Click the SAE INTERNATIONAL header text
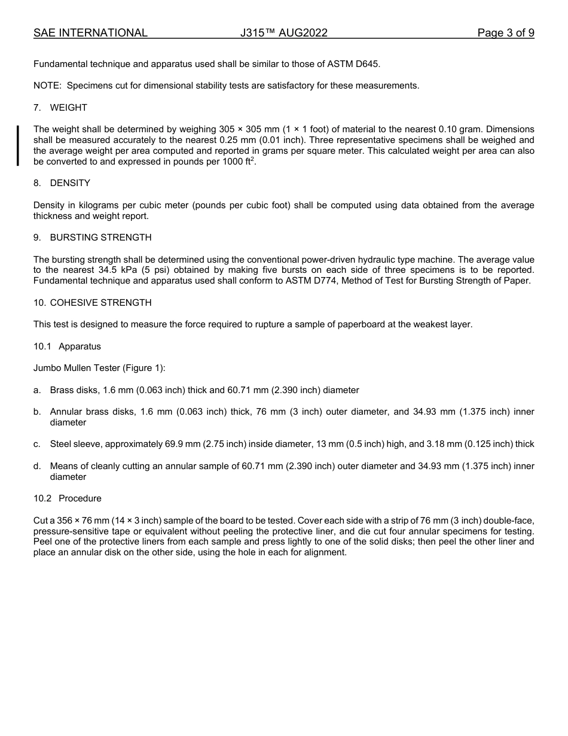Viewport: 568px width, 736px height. (x=90, y=33)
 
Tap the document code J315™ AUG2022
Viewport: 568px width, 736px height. (x=284, y=33)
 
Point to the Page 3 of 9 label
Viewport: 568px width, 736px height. (x=505, y=33)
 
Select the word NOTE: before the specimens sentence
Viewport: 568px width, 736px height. (x=47, y=86)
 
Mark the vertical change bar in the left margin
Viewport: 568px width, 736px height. (x=18, y=145)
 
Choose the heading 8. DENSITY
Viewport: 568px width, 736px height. (x=62, y=183)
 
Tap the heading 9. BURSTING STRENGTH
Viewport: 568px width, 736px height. (x=93, y=238)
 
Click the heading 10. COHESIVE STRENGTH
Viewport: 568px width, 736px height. (x=93, y=303)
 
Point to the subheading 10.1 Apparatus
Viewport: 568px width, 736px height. (x=67, y=346)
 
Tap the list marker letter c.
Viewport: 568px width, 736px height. (x=37, y=444)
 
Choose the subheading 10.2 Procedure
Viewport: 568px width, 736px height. (x=68, y=498)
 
